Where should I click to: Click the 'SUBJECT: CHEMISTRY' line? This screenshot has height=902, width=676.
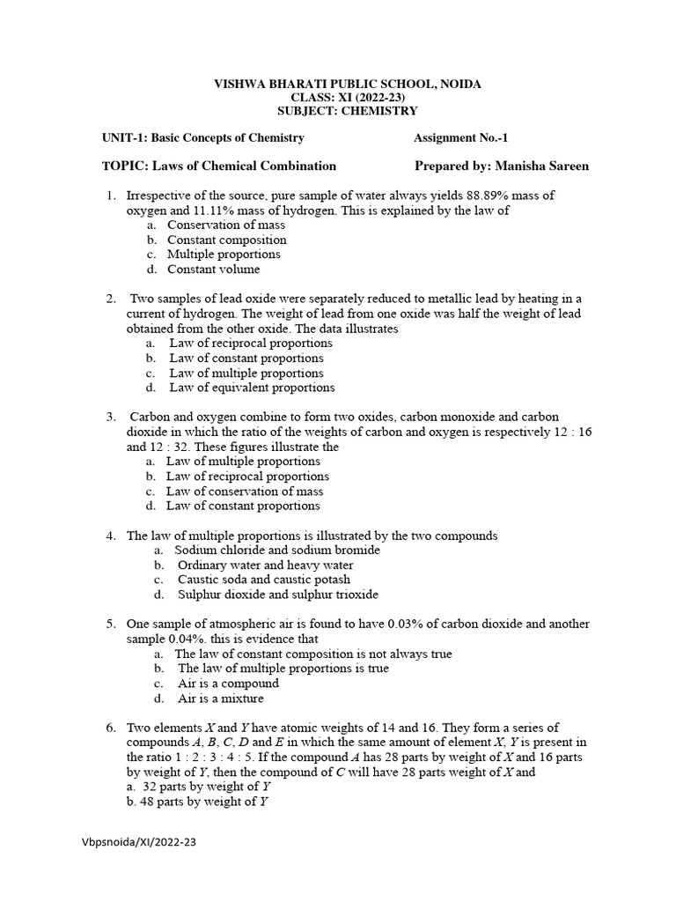[x=348, y=111]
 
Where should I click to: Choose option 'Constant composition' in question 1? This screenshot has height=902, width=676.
[x=227, y=240]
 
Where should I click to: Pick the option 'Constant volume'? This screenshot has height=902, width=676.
[x=214, y=270]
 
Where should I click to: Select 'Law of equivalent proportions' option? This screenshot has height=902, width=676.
[x=252, y=388]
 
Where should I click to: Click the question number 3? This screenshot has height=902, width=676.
[x=111, y=417]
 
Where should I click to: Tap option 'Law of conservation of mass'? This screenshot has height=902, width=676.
[x=245, y=492]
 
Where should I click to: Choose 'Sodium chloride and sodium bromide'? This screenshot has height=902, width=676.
[x=277, y=550]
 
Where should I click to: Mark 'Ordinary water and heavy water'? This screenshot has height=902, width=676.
[x=265, y=565]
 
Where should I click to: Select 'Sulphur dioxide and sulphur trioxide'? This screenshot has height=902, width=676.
[x=277, y=595]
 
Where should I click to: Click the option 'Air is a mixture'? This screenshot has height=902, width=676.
[x=220, y=699]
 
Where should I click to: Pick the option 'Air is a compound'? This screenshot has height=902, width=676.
[x=228, y=684]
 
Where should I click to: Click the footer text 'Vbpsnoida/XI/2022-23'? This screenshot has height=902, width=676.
[x=136, y=842]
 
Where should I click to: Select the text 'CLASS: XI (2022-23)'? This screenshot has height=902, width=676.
[x=348, y=97]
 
